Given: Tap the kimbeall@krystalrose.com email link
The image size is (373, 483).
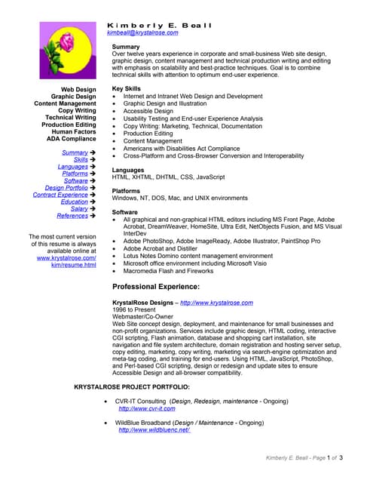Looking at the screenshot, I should [142, 33].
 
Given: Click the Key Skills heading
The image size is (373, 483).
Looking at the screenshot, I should [127, 89].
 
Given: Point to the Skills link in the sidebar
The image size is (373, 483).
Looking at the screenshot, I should [81, 160].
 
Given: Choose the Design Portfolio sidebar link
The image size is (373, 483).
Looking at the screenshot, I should [66, 188].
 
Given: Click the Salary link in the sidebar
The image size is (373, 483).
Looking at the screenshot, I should [79, 209].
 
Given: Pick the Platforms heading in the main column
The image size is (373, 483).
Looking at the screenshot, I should [127, 191].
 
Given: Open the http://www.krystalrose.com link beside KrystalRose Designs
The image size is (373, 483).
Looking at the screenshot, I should [216, 303].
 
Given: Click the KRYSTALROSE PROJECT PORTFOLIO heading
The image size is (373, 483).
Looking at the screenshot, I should [132, 387].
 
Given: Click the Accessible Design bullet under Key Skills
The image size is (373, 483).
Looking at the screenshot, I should [148, 111].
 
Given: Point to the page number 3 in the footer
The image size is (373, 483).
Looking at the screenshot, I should [341, 458].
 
